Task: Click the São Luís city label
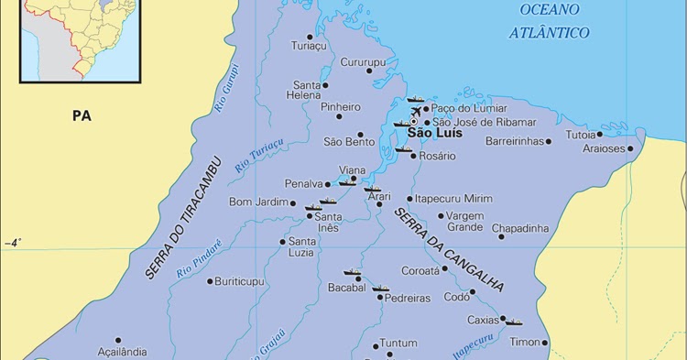434,134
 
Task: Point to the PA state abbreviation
83,115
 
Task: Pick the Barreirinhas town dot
549,141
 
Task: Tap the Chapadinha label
520,228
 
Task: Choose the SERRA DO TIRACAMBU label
183,215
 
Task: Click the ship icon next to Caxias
514,322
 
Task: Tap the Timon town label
525,342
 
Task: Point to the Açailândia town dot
117,339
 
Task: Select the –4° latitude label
13,243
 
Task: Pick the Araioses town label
603,148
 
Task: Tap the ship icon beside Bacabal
353,272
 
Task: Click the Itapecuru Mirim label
453,198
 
